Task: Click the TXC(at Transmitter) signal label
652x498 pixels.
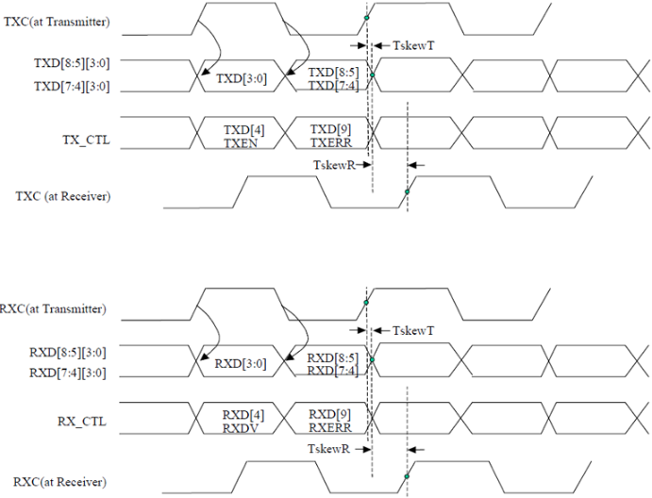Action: (x=57, y=22)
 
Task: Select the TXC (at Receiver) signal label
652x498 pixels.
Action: (x=63, y=196)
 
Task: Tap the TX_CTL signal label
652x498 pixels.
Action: (x=87, y=141)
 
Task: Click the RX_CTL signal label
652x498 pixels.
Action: (x=82, y=422)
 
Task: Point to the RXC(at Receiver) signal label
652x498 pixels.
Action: (x=59, y=482)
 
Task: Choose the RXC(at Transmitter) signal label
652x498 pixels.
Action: (x=53, y=308)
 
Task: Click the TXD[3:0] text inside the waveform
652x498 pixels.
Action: (x=242, y=78)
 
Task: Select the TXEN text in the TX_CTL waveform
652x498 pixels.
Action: (x=241, y=143)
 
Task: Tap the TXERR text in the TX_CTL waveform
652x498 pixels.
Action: (x=331, y=143)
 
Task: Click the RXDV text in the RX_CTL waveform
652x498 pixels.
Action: (x=241, y=428)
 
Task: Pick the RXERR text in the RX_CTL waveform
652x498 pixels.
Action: (x=330, y=428)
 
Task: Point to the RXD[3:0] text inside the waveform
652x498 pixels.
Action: (x=241, y=364)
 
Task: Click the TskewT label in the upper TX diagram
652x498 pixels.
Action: (x=413, y=45)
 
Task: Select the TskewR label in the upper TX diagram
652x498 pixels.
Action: (x=334, y=165)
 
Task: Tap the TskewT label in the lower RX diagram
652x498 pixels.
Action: (x=413, y=330)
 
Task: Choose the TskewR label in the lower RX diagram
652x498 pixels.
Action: (x=329, y=449)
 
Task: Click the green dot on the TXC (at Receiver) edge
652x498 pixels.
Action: (x=407, y=191)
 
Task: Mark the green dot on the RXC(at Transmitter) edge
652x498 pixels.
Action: (x=366, y=303)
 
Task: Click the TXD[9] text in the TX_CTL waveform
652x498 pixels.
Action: (x=330, y=130)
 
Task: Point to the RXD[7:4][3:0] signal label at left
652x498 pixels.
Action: (x=68, y=373)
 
